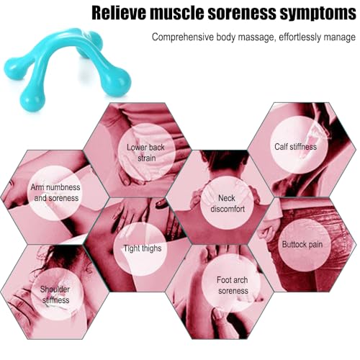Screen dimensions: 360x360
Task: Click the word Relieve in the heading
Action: [119, 13]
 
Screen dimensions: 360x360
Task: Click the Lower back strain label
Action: [145, 153]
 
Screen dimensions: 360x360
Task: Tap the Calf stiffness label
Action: [295, 147]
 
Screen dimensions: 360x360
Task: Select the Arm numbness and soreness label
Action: [55, 192]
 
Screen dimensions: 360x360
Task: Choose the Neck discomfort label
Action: [228, 203]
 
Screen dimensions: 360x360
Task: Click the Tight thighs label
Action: [143, 248]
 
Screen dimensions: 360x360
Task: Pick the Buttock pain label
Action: [302, 244]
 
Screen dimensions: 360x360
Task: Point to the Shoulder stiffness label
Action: [55, 294]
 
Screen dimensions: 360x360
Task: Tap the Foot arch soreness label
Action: [233, 285]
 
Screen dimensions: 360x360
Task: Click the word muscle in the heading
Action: [176, 13]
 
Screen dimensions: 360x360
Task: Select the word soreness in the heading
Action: [242, 13]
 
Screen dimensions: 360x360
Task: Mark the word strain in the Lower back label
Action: [146, 158]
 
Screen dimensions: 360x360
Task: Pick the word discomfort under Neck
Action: [228, 209]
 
